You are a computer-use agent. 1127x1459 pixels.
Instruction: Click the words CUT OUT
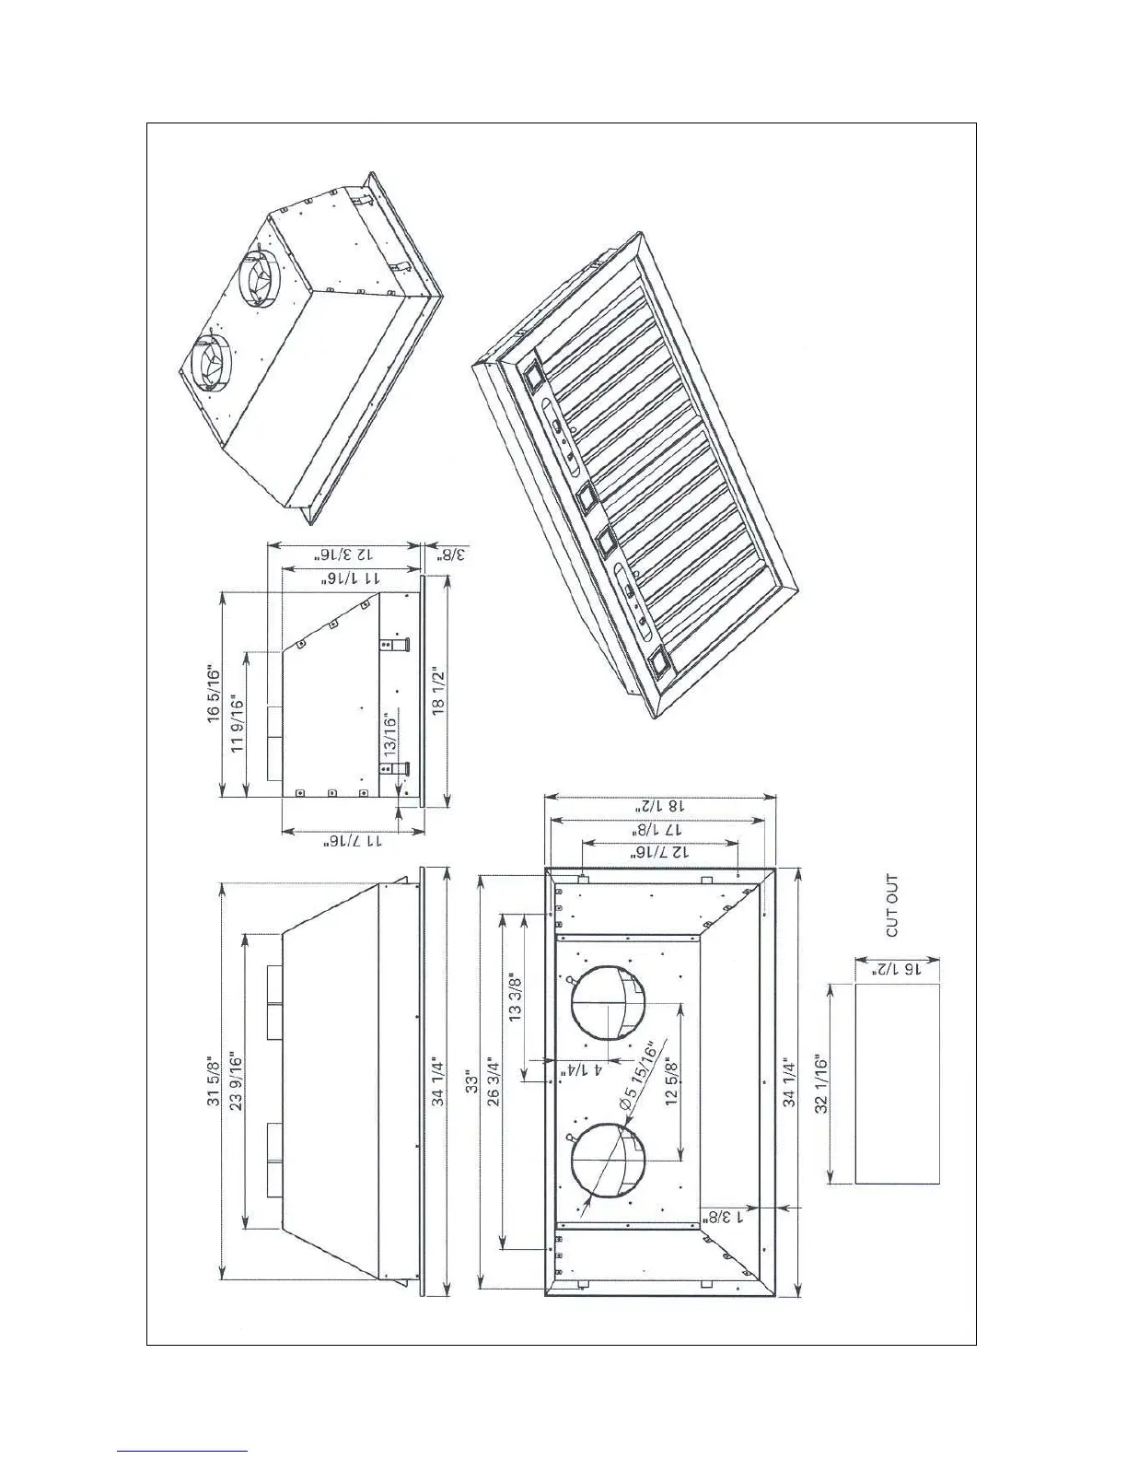(x=891, y=906)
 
